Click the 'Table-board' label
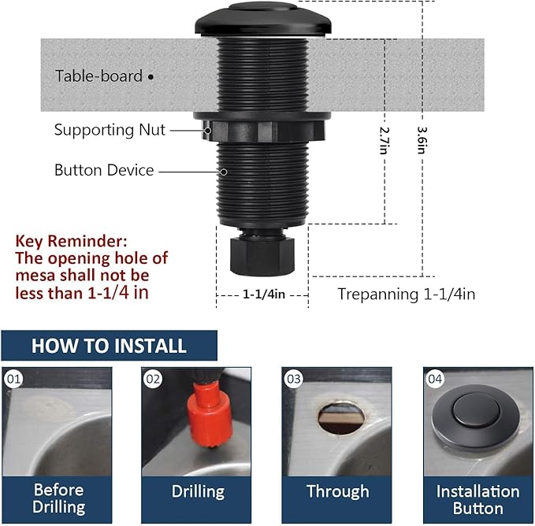click(98, 76)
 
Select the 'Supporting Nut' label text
click(110, 130)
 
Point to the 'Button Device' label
click(104, 170)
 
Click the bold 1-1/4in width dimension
click(263, 294)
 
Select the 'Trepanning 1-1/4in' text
click(406, 294)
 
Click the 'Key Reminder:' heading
click(71, 240)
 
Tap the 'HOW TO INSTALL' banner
click(109, 346)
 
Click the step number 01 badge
click(13, 379)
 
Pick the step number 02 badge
click(153, 379)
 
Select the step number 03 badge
click(294, 379)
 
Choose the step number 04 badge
click(435, 379)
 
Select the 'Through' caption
click(337, 491)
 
